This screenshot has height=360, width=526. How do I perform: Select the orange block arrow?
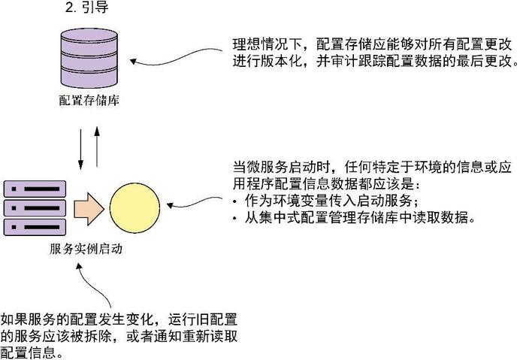click(x=91, y=207)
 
